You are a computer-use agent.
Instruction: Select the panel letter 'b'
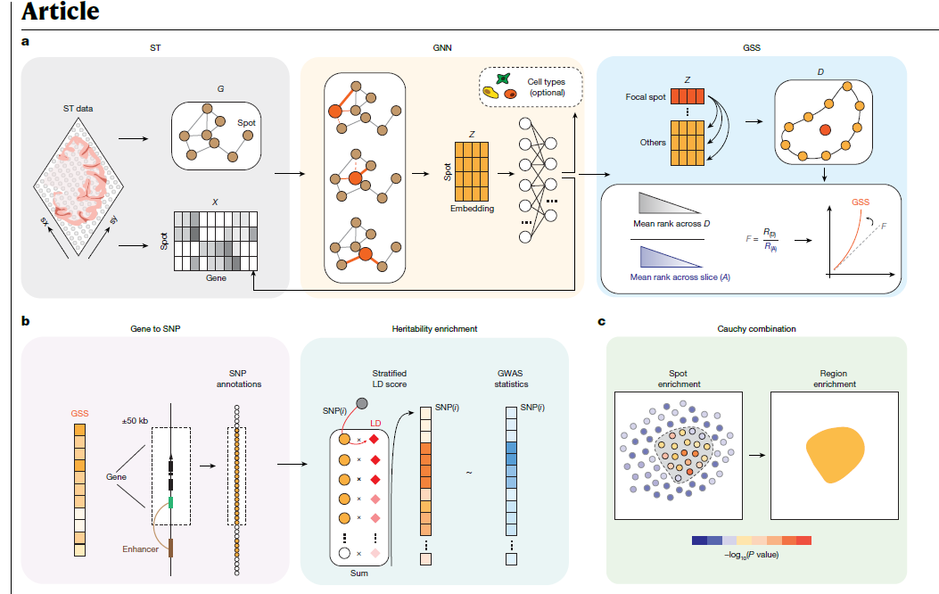tap(26, 318)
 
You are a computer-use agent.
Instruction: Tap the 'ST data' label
tap(78, 109)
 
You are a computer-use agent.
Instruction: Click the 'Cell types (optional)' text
tap(547, 87)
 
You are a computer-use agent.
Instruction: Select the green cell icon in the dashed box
tap(502, 79)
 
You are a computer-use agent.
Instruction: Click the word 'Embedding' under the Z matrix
tap(473, 208)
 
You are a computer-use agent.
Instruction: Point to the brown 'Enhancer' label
tap(141, 549)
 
